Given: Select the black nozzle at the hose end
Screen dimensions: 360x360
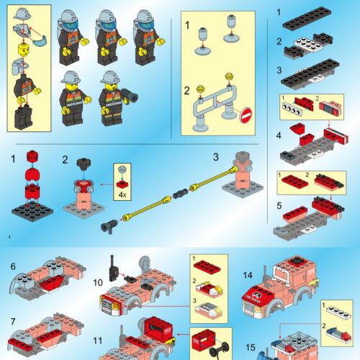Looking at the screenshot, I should pyautogui.click(x=109, y=228).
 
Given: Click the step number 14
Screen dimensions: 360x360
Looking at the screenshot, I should pyautogui.click(x=247, y=275).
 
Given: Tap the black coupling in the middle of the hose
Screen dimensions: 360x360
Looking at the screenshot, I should pyautogui.click(x=178, y=193).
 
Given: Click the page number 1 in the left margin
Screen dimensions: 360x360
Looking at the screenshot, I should pyautogui.click(x=9, y=237).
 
